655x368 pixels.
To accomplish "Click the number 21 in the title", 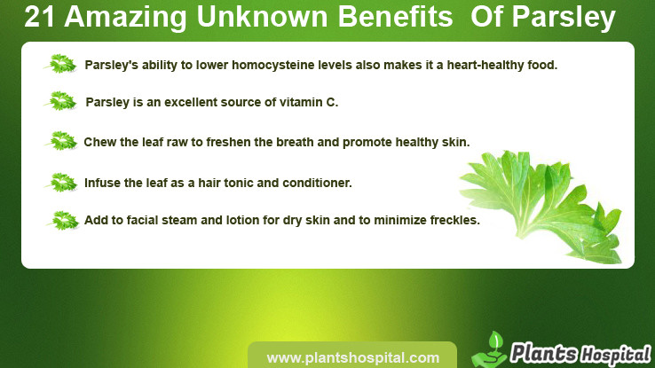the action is [39, 17].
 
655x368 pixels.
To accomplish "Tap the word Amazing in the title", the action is [125, 19].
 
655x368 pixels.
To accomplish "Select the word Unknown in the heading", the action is [262, 17].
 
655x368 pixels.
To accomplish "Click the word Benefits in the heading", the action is [395, 17].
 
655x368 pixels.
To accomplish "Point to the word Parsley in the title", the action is [564, 19].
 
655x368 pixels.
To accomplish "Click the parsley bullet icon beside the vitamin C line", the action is [62, 101].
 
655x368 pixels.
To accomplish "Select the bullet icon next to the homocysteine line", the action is [61, 64].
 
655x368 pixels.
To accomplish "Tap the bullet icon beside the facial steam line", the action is [64, 221].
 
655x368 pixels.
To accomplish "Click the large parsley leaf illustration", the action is [543, 205].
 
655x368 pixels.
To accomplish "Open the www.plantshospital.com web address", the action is [353, 358].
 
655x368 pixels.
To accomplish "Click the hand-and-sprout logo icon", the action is [489, 351].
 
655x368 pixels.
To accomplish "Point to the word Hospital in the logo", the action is [615, 355].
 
